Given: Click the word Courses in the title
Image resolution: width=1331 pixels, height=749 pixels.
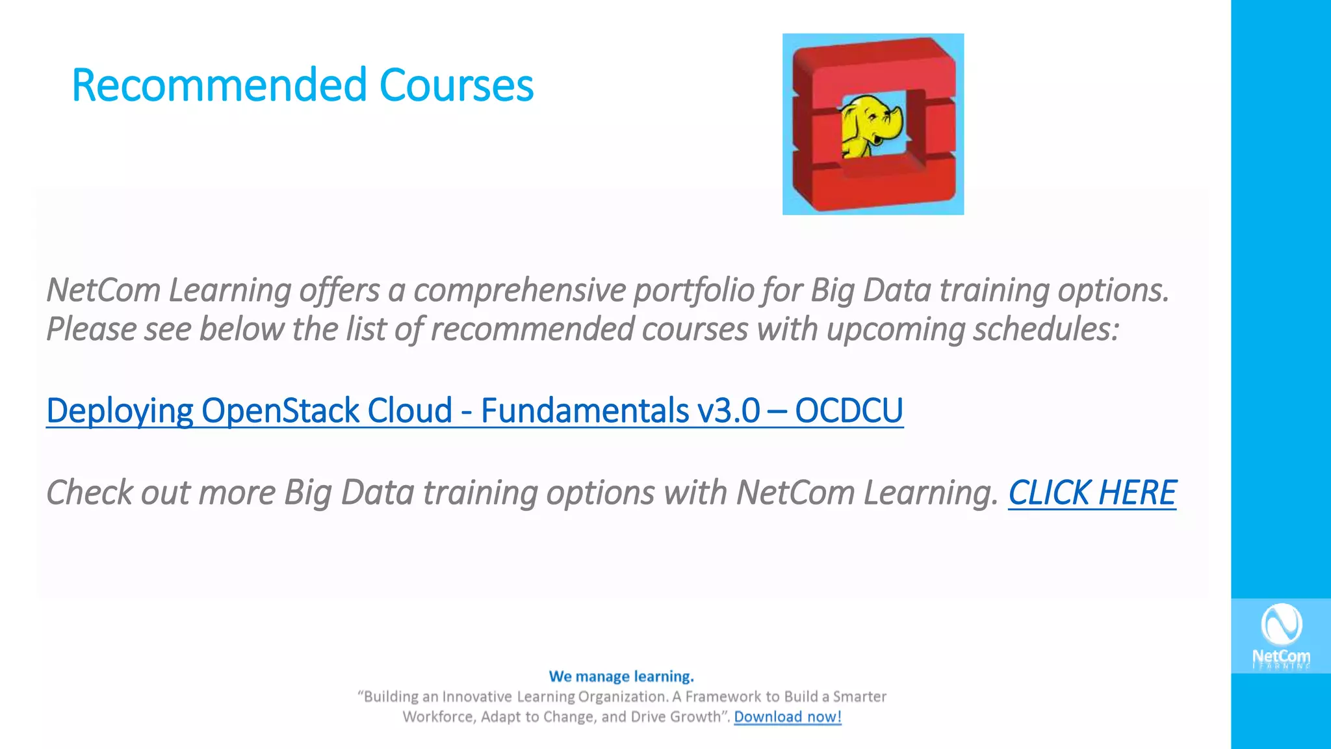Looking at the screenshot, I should tap(456, 85).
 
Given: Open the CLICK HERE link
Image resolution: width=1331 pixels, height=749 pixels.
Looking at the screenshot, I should tap(1092, 492).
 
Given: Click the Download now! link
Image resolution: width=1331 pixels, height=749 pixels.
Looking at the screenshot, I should tap(787, 716).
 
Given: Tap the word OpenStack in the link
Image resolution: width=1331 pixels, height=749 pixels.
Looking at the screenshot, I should tap(280, 410).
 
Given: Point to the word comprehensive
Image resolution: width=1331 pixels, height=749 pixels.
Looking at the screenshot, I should tap(519, 290).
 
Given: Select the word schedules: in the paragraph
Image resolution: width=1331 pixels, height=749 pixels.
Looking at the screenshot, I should tap(1046, 328).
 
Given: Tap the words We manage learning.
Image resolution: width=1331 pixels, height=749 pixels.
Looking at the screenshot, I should tap(621, 676).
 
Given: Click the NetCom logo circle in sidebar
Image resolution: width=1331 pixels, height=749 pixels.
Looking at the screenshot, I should tap(1280, 624).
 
